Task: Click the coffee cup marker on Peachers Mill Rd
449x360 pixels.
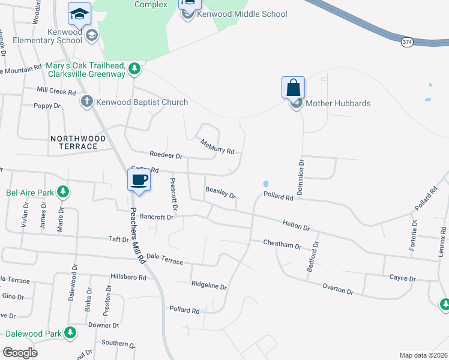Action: click(x=139, y=180)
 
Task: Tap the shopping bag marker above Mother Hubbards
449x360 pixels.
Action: click(x=293, y=88)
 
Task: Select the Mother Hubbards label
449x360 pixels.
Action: click(x=338, y=103)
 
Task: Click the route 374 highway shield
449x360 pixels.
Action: click(x=408, y=42)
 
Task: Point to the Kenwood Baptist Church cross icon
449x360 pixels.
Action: click(x=87, y=101)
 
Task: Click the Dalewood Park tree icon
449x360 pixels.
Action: click(x=70, y=332)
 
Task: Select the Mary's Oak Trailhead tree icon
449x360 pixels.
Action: click(x=136, y=70)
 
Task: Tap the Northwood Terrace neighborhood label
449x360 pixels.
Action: click(x=78, y=142)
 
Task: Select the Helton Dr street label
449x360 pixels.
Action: click(x=296, y=226)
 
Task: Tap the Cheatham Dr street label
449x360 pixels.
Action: click(x=282, y=244)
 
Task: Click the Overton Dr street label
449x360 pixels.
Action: click(x=338, y=289)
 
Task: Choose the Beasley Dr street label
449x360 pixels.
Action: click(x=221, y=193)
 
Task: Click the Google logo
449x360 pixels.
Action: click(x=20, y=353)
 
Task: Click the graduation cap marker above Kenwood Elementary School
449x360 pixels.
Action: click(x=79, y=13)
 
